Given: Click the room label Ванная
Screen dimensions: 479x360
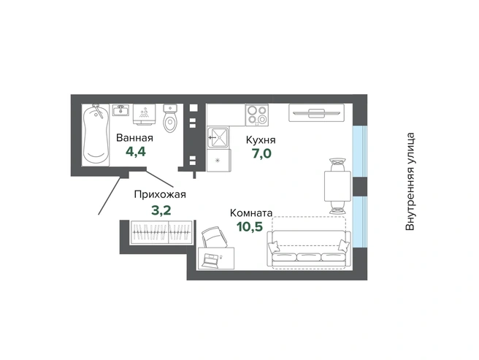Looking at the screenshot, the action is pyautogui.click(x=134, y=138).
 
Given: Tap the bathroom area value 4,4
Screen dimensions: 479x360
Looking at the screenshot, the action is pyautogui.click(x=136, y=152).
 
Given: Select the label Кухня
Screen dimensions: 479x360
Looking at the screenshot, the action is pyautogui.click(x=261, y=140).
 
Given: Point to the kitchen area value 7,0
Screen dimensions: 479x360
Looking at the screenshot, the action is pyautogui.click(x=261, y=154).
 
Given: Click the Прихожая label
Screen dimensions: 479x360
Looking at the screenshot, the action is pyautogui.click(x=160, y=194).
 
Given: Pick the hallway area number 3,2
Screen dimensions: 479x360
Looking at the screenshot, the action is pyautogui.click(x=161, y=210).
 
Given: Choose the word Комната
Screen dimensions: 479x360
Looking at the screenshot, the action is pyautogui.click(x=251, y=212).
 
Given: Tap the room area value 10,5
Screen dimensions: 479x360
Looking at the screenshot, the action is pyautogui.click(x=250, y=226).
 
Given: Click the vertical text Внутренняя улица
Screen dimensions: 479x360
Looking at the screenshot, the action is pyautogui.click(x=410, y=182).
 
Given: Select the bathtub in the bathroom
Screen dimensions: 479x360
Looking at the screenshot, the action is pyautogui.click(x=96, y=135).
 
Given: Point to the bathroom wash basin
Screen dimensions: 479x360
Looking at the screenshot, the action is pyautogui.click(x=120, y=110).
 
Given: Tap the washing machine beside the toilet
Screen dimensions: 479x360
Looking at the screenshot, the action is pyautogui.click(x=144, y=115).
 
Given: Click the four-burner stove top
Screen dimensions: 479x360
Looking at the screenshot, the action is pyautogui.click(x=256, y=115).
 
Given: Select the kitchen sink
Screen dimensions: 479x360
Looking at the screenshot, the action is pyautogui.click(x=218, y=137).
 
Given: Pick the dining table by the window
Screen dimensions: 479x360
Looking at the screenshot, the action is pyautogui.click(x=337, y=185).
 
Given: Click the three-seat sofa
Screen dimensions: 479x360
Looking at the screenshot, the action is pyautogui.click(x=309, y=249).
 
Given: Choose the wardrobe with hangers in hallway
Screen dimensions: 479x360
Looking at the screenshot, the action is pyautogui.click(x=161, y=232).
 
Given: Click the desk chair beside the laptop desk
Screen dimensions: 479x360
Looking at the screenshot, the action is pyautogui.click(x=215, y=237).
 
